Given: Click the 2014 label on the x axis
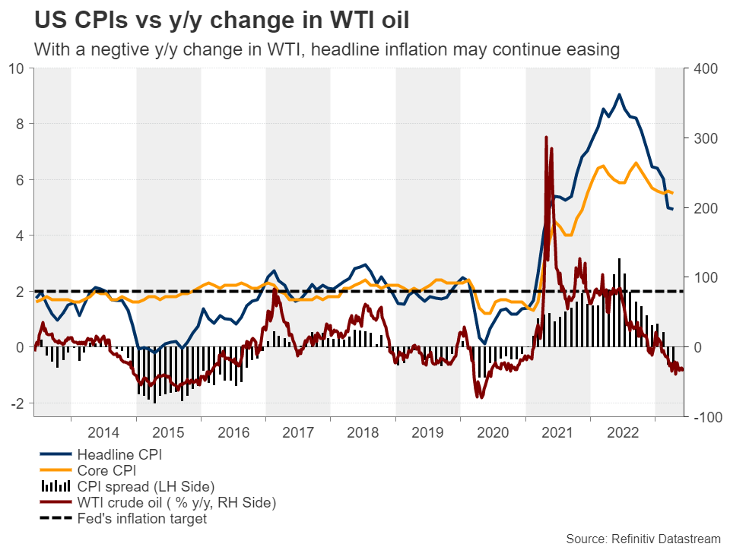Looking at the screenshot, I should coord(103,433).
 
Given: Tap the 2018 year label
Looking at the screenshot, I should coord(363,433).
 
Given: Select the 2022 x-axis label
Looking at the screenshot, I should coord(622,433).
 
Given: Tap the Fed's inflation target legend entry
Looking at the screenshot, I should coord(141,520).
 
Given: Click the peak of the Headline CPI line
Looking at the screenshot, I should coord(619,95).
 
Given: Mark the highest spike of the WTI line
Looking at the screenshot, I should coord(546,138).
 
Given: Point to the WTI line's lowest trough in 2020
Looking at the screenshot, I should coord(478,397).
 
